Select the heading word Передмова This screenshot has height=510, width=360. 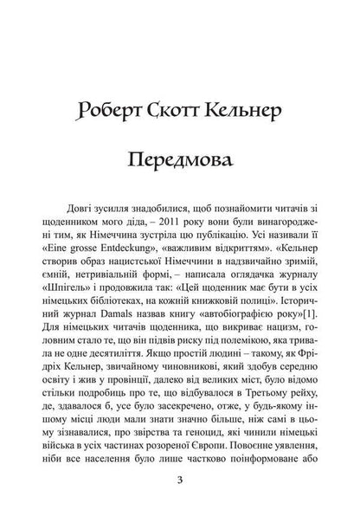pyautogui.click(x=180, y=163)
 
